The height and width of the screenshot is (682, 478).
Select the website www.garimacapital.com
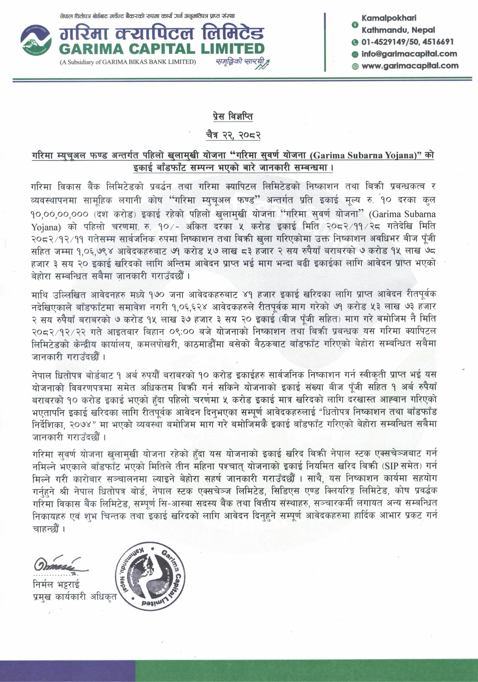tap(410, 66)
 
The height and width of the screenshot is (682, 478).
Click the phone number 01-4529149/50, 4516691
tap(407, 42)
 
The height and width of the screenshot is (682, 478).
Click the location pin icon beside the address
tap(355, 25)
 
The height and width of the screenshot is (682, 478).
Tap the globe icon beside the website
tap(355, 66)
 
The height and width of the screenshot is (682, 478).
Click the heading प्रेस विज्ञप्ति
tap(232, 117)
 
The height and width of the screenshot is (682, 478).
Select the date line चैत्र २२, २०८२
tap(233, 135)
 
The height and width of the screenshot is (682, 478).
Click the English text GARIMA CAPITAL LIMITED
tap(161, 49)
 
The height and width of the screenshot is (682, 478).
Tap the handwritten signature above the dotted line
tap(60, 564)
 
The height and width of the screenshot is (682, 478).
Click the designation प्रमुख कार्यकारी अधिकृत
tap(74, 596)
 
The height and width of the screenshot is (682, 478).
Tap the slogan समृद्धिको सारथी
tap(240, 62)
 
